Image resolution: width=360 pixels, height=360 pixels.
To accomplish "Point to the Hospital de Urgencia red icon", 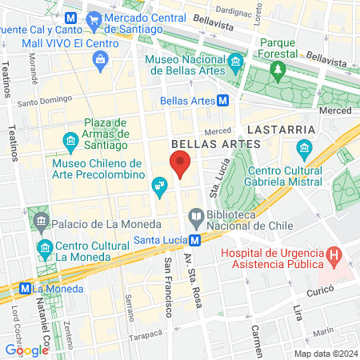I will point(334,257).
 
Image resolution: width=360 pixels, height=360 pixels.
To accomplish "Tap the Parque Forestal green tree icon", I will point(278,72).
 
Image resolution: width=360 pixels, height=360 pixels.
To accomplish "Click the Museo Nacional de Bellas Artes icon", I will point(235,62).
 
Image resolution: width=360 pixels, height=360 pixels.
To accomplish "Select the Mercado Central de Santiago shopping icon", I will point(94,17).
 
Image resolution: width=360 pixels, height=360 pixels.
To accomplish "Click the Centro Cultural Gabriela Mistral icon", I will point(304,149).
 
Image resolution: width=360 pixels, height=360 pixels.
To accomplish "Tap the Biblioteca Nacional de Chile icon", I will point(195,214).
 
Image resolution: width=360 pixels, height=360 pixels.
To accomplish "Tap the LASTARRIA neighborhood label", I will point(279,128).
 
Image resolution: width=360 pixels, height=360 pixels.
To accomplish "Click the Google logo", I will point(26,350).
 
